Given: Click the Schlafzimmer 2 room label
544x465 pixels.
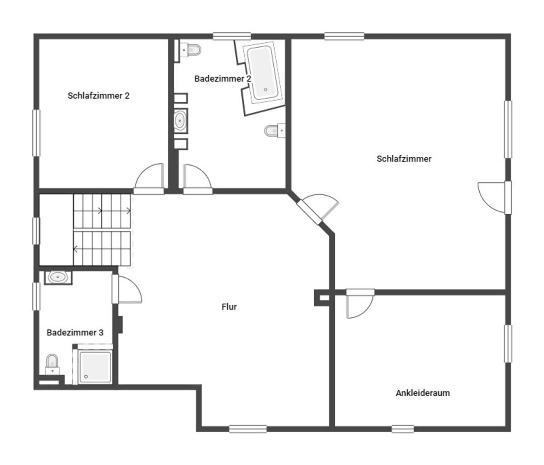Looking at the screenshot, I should point(98,96).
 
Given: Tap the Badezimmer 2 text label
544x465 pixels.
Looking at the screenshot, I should point(223,78).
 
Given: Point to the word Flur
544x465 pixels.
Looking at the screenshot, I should point(229,307).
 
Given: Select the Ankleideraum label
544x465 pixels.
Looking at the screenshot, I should point(423,393).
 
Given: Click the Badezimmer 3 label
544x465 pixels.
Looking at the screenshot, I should point(75,332).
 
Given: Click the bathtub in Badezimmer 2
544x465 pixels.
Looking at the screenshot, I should point(262,73).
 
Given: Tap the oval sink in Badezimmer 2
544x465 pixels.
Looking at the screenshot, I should point(180,121).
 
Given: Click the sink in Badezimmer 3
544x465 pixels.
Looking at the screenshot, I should point(58,276).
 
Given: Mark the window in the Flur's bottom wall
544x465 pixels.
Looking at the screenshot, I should point(248,429).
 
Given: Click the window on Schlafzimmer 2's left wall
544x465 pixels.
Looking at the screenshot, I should point(36,133).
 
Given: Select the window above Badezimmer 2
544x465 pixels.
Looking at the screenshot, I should point(232,36).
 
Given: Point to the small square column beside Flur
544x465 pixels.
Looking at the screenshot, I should point(323,298).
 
